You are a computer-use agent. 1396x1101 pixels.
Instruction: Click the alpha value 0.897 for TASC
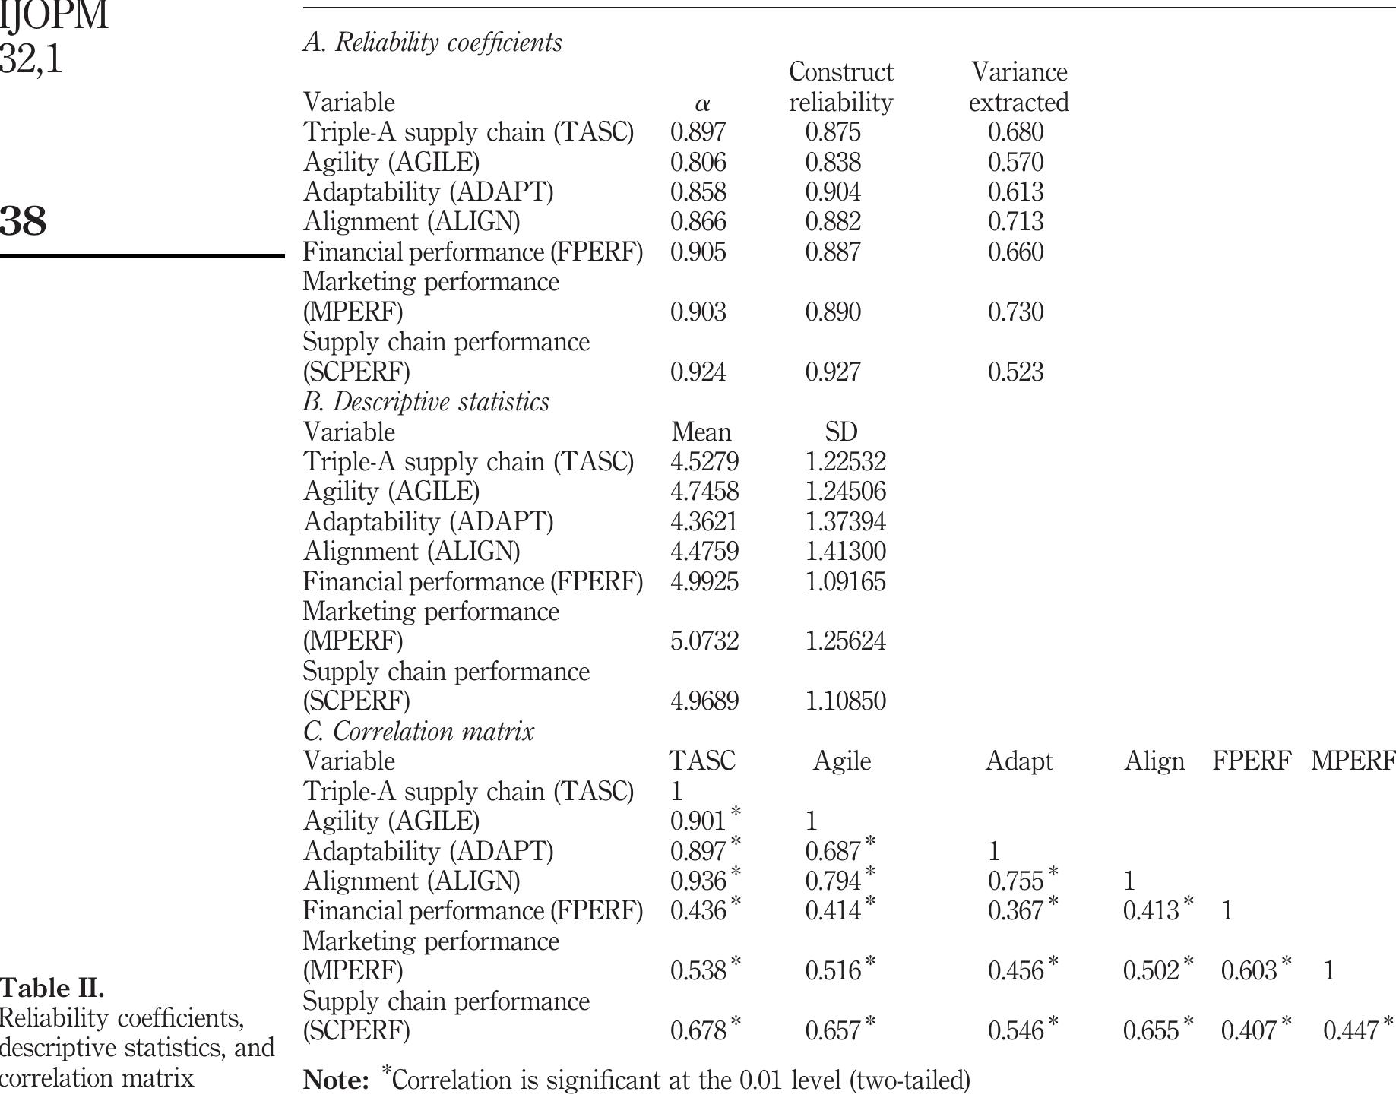coord(698,132)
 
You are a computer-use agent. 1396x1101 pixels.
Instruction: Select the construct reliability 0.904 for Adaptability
coord(833,192)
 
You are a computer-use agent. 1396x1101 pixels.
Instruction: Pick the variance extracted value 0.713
coord(1015,222)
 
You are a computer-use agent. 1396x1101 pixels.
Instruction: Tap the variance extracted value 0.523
coord(1015,372)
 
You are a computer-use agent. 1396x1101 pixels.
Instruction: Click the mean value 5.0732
coord(704,641)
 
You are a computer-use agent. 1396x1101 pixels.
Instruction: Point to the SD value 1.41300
coord(845,552)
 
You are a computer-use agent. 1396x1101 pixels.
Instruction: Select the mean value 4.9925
coord(704,582)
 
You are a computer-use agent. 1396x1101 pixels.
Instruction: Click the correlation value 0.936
coord(698,881)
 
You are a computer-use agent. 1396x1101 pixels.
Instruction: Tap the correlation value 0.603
coord(1249,971)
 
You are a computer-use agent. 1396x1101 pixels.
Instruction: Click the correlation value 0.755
coord(1015,881)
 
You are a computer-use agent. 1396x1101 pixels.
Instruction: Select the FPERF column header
coord(1251,761)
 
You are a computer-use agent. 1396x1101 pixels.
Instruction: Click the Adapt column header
coord(1018,761)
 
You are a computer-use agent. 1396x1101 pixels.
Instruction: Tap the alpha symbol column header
coord(701,103)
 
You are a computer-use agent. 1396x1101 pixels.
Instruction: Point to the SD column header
coord(840,432)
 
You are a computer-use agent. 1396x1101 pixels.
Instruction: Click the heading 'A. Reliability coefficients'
coord(432,43)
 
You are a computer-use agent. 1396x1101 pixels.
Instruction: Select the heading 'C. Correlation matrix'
coord(418,732)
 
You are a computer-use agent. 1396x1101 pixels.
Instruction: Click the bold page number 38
coord(23,221)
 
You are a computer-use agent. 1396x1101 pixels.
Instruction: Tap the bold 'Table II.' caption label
coord(52,989)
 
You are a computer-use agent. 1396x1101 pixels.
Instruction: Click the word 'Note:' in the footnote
coord(335,1080)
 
